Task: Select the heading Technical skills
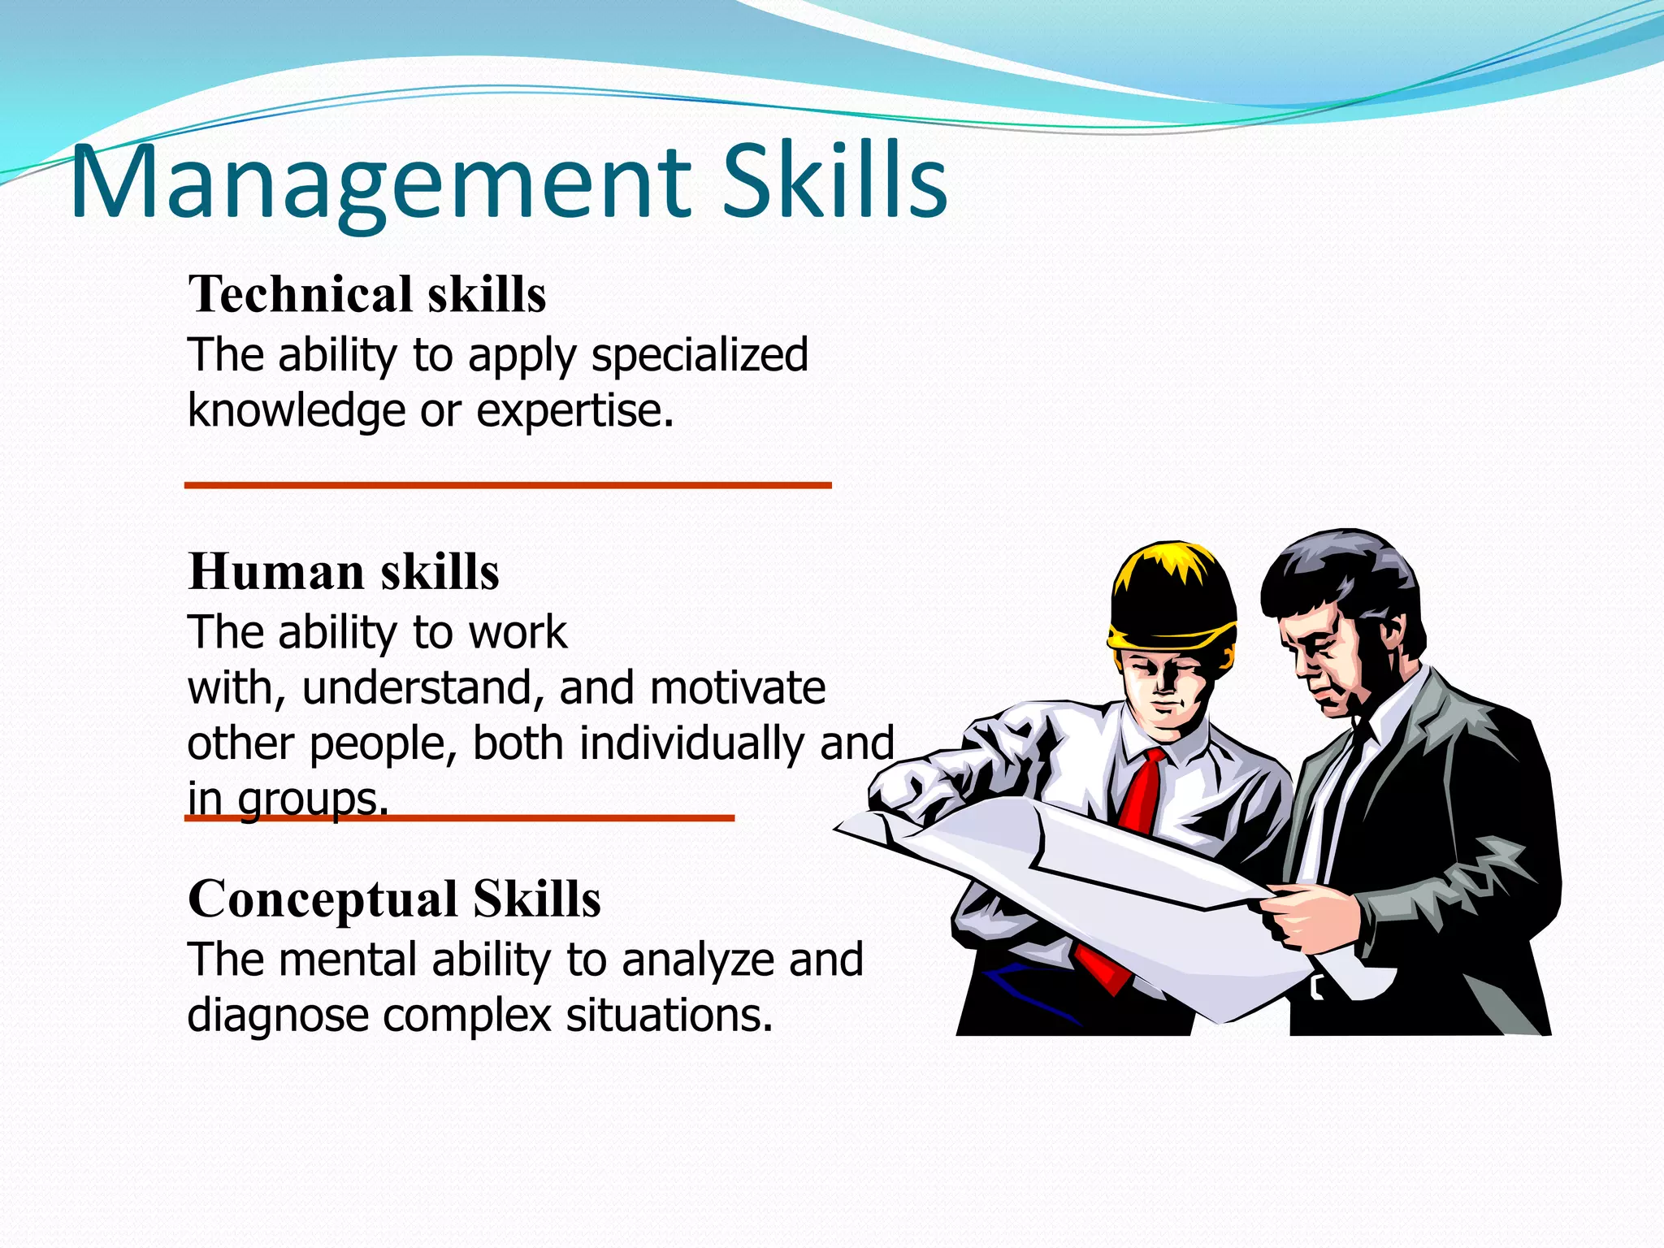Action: [367, 293]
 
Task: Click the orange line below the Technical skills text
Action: [508, 485]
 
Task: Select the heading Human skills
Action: [344, 571]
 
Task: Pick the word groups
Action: [312, 799]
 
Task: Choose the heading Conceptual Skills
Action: [394, 899]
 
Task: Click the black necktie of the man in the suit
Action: [1345, 772]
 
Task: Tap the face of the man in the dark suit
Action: [1320, 658]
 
